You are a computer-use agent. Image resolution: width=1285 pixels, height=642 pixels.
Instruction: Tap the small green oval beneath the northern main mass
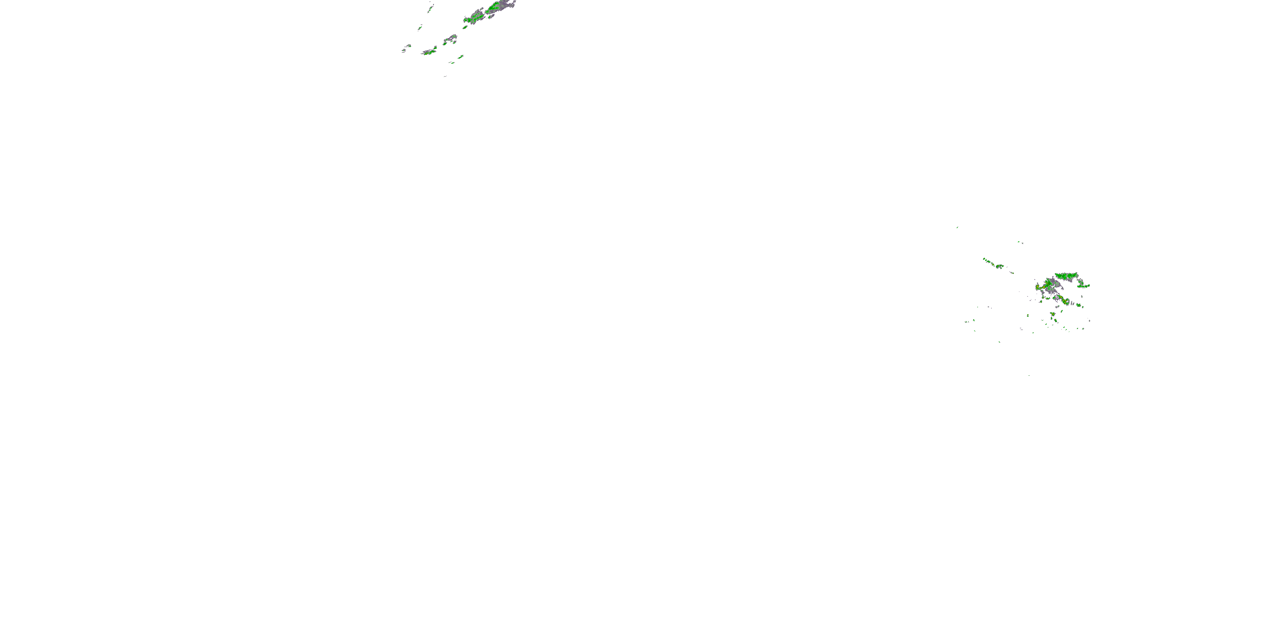(465, 27)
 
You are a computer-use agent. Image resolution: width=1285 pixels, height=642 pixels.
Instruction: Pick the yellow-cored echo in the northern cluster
(429, 51)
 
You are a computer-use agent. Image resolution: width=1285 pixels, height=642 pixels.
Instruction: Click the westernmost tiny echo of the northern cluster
(404, 51)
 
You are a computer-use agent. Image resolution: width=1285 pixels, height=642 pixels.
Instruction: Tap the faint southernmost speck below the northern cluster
(445, 76)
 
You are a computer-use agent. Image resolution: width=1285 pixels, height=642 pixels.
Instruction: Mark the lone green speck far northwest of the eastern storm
(957, 227)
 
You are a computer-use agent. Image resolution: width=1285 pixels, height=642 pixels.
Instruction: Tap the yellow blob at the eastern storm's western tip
(1039, 288)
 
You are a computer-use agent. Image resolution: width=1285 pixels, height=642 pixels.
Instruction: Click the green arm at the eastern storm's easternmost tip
(1085, 285)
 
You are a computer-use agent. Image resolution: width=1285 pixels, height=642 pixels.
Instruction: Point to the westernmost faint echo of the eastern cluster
(967, 321)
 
